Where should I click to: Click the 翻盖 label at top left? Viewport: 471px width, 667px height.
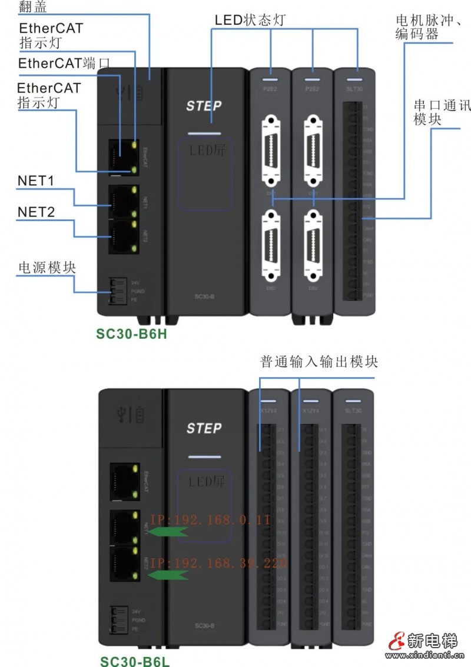(33, 8)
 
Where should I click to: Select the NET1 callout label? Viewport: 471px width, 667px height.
(36, 181)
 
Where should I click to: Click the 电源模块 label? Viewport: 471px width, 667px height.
(47, 268)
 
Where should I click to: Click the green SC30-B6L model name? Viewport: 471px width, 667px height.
(134, 660)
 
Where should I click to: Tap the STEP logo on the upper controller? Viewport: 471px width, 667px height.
(204, 106)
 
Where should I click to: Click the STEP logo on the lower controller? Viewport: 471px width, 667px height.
(204, 428)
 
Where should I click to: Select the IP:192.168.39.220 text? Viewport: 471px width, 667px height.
(218, 563)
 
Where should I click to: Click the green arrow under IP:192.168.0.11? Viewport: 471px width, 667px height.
(167, 532)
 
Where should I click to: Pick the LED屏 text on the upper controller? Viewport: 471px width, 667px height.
(206, 151)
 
